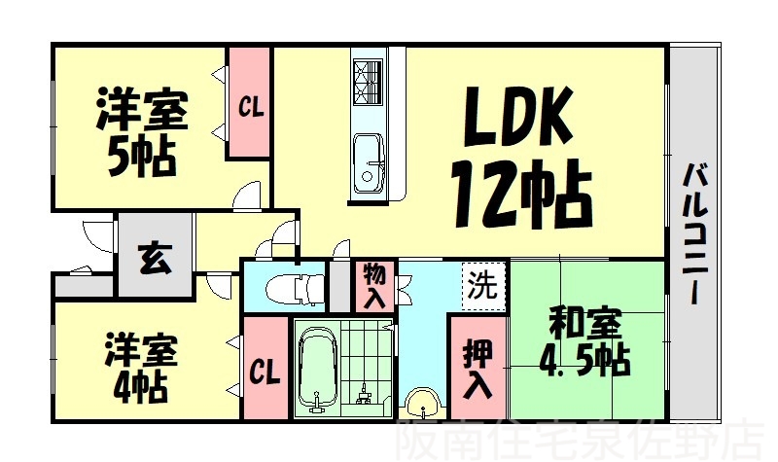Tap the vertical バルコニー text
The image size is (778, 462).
(x=694, y=233)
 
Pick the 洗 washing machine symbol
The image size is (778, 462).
(x=482, y=286)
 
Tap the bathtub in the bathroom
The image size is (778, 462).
(x=317, y=371)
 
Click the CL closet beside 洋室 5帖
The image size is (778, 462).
(x=249, y=102)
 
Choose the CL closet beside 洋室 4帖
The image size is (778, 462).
(x=264, y=371)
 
